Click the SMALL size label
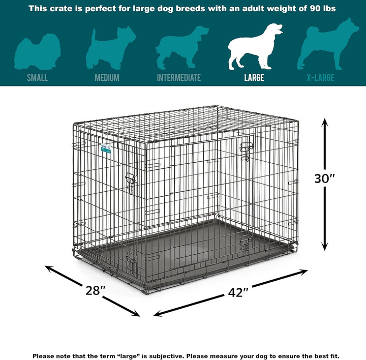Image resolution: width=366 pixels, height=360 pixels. (38, 78)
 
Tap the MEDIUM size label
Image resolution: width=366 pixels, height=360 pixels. (107, 78)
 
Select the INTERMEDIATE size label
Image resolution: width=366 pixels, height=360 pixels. (178, 78)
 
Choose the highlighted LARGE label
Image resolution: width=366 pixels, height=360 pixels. (254, 78)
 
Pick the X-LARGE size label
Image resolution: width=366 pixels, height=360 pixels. (320, 78)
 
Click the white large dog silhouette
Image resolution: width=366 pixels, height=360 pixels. (254, 47)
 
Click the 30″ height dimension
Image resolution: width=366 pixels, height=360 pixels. (325, 179)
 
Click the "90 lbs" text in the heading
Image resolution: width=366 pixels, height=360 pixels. (322, 9)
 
